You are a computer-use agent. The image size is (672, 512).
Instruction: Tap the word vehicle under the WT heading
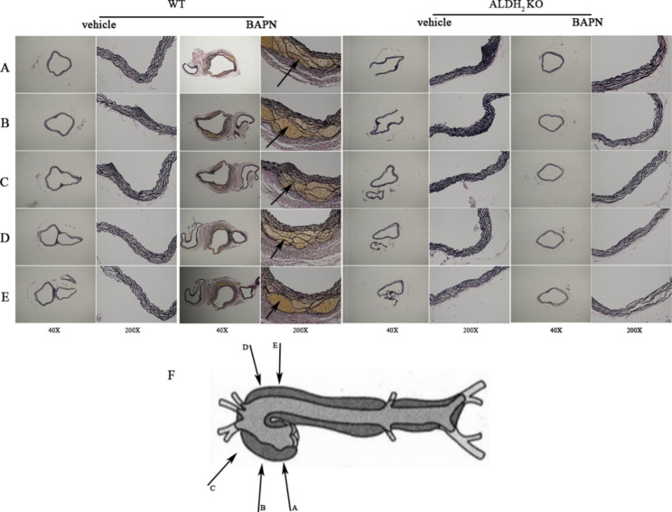point(99,24)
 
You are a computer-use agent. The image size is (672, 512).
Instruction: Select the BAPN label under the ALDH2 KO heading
point(587,23)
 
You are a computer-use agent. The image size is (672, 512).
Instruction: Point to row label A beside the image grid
point(5,67)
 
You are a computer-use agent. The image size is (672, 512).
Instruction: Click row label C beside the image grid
point(5,182)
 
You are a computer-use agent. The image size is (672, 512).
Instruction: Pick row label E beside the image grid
point(5,296)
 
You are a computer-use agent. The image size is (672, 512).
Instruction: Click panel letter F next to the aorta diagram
point(172,376)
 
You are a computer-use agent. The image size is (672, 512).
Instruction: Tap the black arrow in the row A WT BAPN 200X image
point(287,73)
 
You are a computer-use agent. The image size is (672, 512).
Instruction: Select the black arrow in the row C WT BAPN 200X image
point(282,193)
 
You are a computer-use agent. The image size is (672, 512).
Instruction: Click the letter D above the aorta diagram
point(246,347)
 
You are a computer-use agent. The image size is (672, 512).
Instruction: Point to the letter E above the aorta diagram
point(275,345)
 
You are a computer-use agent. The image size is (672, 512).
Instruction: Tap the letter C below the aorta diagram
point(212,488)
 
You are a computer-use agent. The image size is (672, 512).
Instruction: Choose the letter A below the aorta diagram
point(294,508)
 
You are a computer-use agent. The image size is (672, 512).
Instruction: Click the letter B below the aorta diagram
point(263,508)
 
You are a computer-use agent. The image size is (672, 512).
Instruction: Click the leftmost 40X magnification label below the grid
point(54,330)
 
